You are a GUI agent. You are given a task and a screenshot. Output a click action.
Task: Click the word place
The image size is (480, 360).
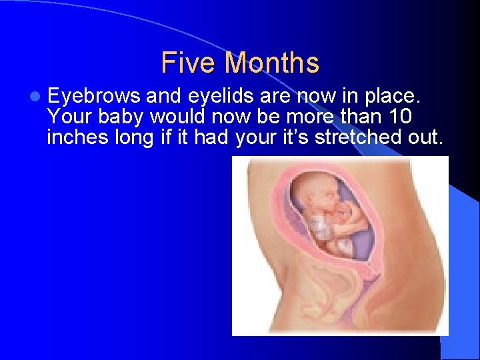393,97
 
